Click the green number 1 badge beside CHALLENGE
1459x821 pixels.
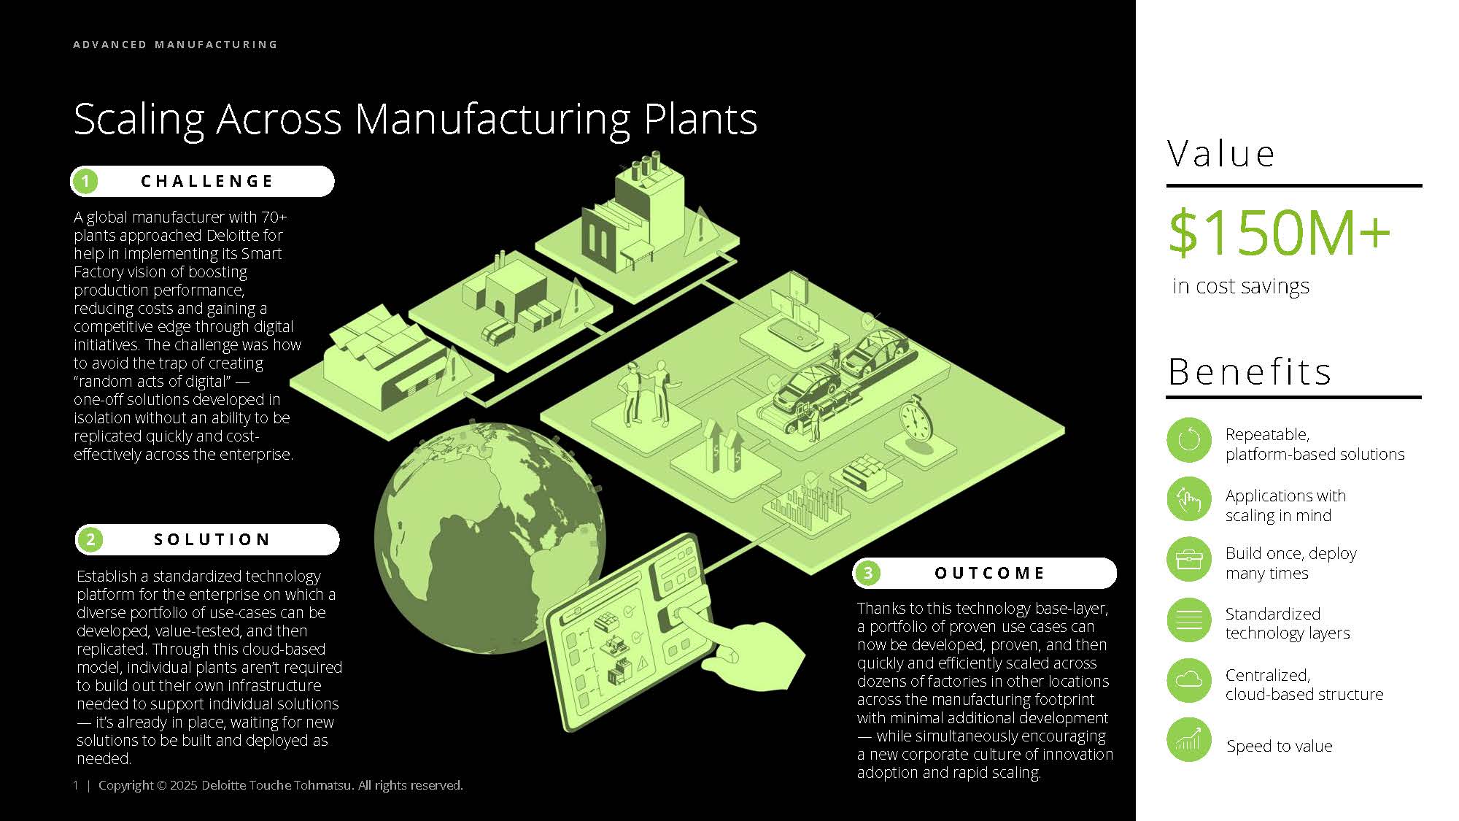[86, 181]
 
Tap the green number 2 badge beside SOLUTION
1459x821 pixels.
[90, 539]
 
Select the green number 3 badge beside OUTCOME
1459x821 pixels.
[868, 573]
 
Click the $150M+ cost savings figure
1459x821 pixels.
[1279, 233]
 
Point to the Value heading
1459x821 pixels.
[1220, 154]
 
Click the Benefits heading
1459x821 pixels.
[1250, 371]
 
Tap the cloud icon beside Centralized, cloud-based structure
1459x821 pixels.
[1188, 680]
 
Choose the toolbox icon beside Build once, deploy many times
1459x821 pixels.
[1188, 560]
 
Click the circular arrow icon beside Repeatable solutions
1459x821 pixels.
[1188, 440]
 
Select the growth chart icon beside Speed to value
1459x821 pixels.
[1188, 740]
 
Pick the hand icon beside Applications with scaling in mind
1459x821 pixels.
[1188, 500]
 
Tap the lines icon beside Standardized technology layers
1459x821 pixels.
[1188, 620]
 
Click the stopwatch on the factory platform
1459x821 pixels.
[916, 420]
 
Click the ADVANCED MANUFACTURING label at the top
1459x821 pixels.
[175, 45]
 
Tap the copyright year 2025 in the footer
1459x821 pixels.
[183, 785]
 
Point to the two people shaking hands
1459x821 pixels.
[646, 394]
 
